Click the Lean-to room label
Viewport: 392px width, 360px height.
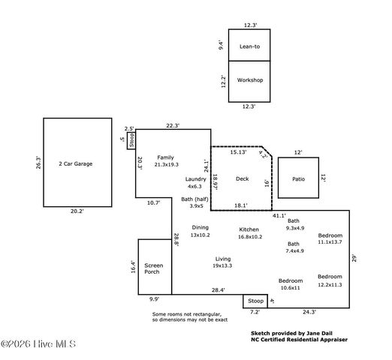click(249, 46)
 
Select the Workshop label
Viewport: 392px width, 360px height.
click(249, 79)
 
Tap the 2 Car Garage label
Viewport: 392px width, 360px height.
click(74, 163)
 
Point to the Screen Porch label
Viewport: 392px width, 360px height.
click(153, 268)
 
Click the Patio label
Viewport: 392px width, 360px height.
click(298, 179)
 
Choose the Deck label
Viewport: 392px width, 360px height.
click(242, 178)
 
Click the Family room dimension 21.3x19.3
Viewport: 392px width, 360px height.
click(166, 164)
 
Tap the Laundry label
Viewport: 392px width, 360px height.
click(195, 179)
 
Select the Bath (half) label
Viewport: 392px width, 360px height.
click(196, 199)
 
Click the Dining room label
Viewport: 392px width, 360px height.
click(200, 227)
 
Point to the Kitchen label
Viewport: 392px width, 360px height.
click(249, 229)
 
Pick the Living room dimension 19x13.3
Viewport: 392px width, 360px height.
click(222, 265)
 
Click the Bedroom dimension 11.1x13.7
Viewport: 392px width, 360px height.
click(330, 241)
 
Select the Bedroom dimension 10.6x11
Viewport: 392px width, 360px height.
click(290, 287)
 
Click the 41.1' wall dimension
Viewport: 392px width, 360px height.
click(279, 215)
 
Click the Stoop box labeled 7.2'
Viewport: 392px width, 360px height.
click(255, 301)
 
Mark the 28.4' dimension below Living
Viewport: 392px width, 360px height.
click(218, 289)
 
